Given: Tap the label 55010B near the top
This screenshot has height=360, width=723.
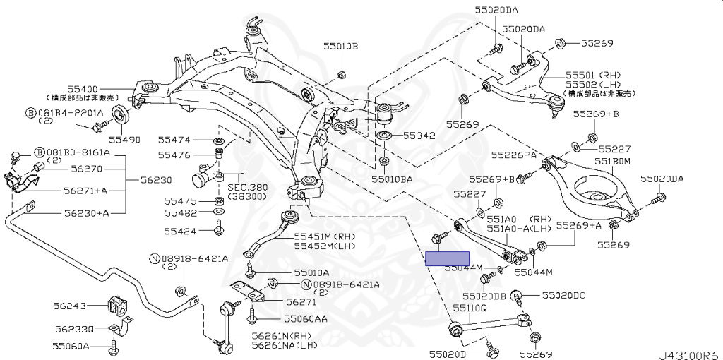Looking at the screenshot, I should [x=341, y=46].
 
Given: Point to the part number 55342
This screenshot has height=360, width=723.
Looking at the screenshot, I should [x=419, y=136].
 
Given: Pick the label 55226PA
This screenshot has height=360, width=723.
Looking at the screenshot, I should [x=514, y=155].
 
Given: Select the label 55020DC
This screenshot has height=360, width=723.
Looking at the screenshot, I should [x=563, y=296].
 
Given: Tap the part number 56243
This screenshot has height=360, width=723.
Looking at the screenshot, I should [x=72, y=306].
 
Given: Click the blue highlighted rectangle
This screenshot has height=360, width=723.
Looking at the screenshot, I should [x=447, y=258].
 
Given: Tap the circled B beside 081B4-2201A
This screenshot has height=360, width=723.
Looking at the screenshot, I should [x=30, y=112].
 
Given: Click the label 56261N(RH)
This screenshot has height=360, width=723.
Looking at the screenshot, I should [x=280, y=336].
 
